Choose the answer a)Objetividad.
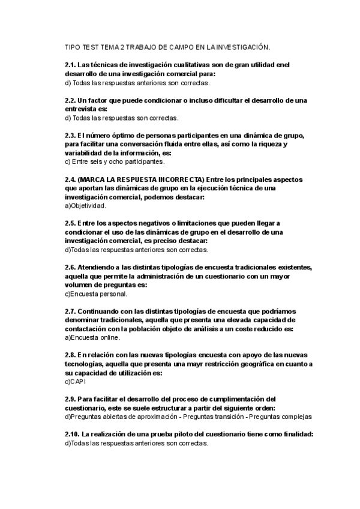85,205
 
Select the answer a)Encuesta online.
91,338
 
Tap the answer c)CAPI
76,382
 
